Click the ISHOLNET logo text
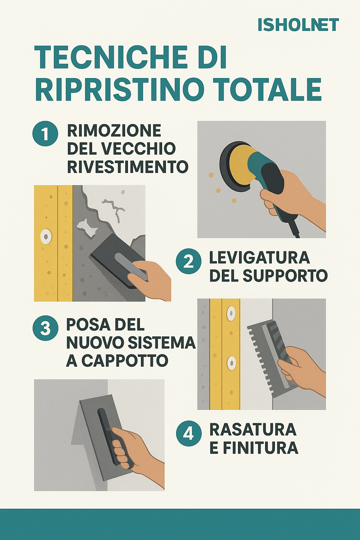298,25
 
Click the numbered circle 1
45,134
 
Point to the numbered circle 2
188,261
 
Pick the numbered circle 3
45,328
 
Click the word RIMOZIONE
114,130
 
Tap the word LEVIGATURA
259,258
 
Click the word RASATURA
253,429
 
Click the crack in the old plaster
114,209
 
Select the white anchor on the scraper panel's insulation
46,237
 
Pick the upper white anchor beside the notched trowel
231,313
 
